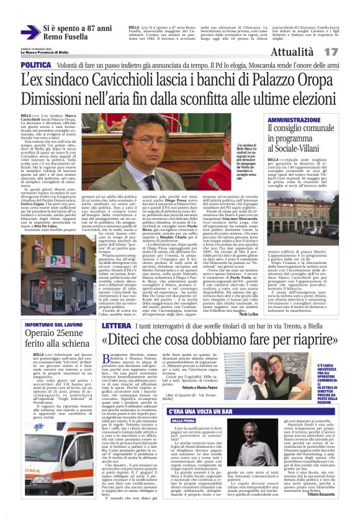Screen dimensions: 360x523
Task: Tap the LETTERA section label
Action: [116, 325]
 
